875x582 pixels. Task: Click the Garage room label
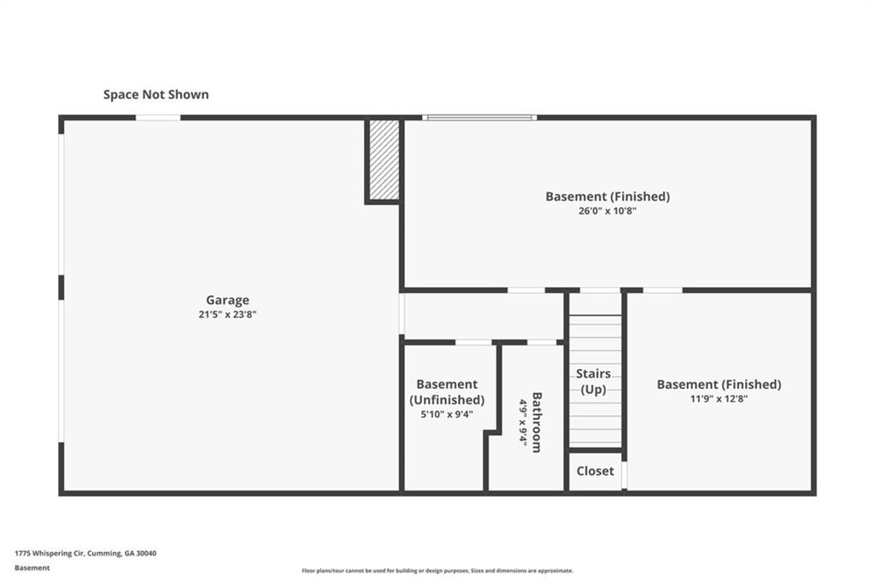coord(227,300)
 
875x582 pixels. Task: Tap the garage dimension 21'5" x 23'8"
coord(227,315)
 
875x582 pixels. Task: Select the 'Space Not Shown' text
coord(156,94)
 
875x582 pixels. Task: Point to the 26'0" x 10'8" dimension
coord(608,211)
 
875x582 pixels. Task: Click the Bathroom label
coord(537,422)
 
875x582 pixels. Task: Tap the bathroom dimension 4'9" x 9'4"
coord(523,421)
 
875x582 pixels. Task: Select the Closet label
coord(595,471)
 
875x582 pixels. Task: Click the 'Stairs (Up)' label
coord(593,381)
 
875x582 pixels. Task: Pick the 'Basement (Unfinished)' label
coord(447,391)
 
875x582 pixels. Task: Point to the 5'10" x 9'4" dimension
coord(447,414)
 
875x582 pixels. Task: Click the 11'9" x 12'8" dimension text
coord(719,398)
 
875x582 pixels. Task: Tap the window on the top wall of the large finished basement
coord(479,118)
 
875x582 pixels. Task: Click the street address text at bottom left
coord(85,554)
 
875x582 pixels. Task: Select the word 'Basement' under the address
coord(32,568)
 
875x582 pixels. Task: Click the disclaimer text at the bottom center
coord(437,571)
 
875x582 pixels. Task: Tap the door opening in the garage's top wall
coord(158,118)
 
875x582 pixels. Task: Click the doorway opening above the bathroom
coord(542,342)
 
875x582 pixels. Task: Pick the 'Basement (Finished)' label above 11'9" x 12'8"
coord(719,385)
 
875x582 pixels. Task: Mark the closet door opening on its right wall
coord(625,475)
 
